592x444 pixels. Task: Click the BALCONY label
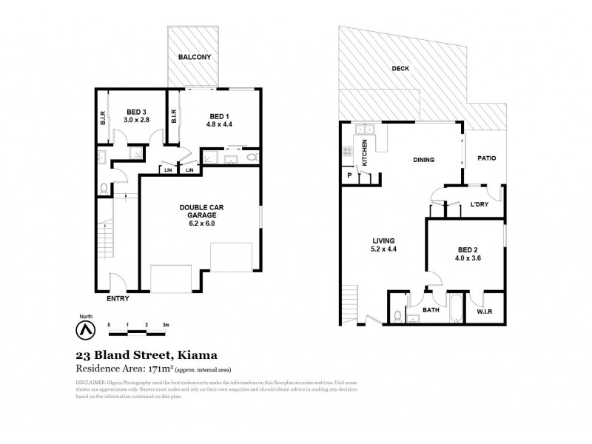[194, 57]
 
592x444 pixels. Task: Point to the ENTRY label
[117, 299]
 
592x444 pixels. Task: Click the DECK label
[400, 70]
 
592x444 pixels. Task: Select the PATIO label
[486, 158]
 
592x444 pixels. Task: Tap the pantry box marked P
[349, 175]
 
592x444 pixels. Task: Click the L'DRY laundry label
[481, 205]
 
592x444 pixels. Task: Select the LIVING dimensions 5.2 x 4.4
[383, 249]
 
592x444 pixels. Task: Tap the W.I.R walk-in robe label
[485, 312]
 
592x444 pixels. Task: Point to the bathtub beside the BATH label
[454, 312]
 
